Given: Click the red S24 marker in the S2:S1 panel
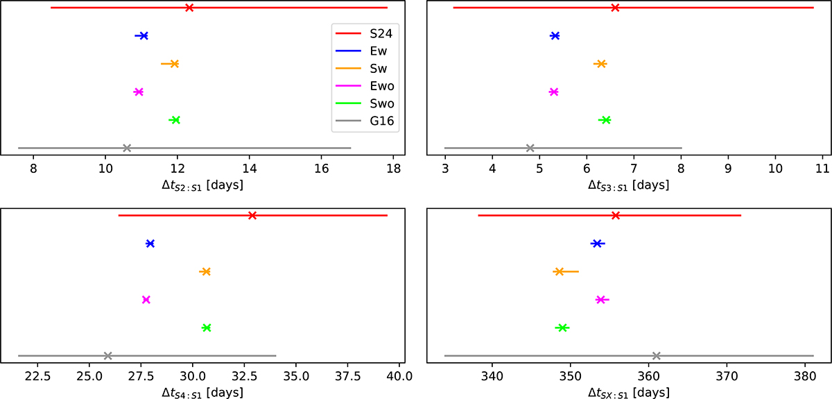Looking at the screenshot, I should pyautogui.click(x=189, y=8).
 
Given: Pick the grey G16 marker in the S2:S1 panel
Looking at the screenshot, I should pyautogui.click(x=127, y=148).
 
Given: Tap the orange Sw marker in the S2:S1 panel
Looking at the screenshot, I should pyautogui.click(x=175, y=64).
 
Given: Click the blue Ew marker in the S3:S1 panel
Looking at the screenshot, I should pyautogui.click(x=555, y=35).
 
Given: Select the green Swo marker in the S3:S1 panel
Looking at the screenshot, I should pyautogui.click(x=606, y=120).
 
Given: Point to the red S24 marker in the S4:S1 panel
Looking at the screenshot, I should pyautogui.click(x=252, y=216).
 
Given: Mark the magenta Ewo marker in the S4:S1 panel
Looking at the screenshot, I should pyautogui.click(x=146, y=300).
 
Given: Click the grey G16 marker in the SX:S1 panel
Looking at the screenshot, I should pyautogui.click(x=657, y=356).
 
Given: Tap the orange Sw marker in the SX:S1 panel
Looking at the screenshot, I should pyautogui.click(x=559, y=271).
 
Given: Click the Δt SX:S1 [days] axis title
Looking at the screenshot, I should pyautogui.click(x=629, y=392).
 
